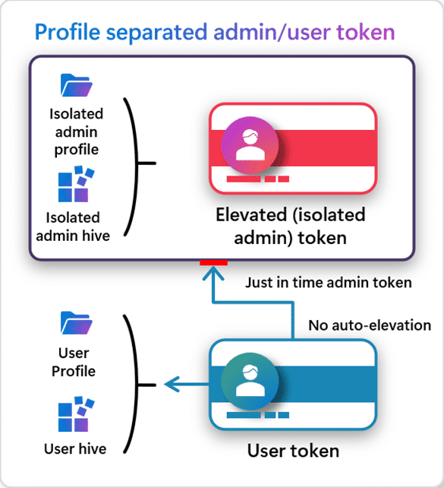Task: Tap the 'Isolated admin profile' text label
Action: coord(76,132)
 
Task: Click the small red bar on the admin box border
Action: coord(213,263)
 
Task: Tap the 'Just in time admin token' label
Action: coord(328,283)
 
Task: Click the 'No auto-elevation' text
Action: coord(369,325)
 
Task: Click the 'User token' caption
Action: coord(293,452)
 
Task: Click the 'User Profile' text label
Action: coord(74,362)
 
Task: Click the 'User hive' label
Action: coord(75,448)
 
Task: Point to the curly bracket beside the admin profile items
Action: coord(140,161)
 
